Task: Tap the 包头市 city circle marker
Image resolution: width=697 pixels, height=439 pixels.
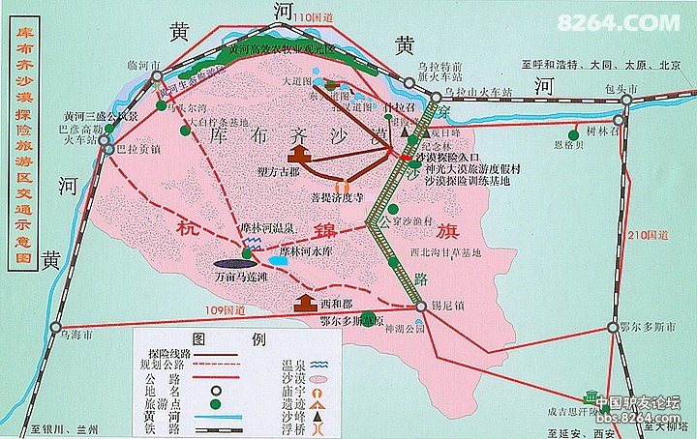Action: (x=634, y=99)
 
